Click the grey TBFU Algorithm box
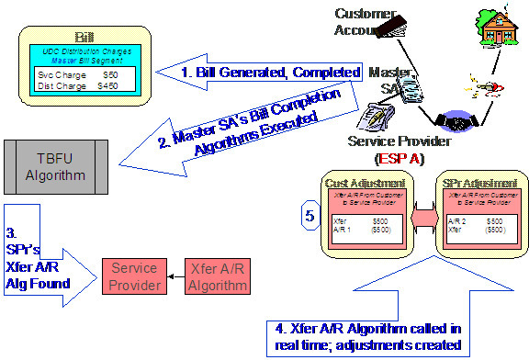(56, 165)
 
